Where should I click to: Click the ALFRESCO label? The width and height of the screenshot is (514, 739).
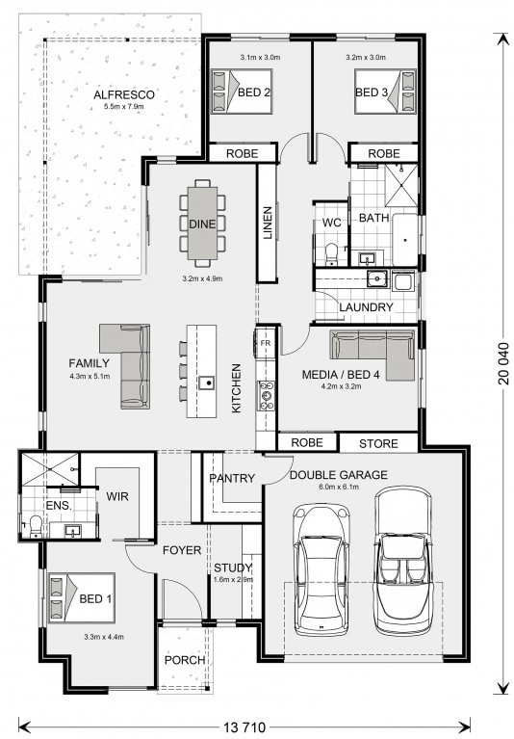(124, 94)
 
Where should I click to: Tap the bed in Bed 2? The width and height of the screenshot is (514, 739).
(242, 92)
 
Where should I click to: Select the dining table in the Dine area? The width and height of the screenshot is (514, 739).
(202, 223)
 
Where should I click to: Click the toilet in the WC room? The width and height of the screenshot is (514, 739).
(332, 252)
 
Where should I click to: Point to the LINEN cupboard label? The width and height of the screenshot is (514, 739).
(268, 223)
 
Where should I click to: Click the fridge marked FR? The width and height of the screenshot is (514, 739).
(266, 343)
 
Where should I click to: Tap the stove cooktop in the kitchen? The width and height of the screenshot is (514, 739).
(267, 395)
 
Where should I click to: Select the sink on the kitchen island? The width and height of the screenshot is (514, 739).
(206, 382)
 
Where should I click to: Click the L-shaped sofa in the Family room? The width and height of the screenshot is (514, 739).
(126, 366)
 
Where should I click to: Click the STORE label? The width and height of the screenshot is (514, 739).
(378, 443)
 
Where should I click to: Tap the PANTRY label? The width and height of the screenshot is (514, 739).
(232, 478)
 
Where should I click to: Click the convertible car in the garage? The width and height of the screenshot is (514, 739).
(402, 561)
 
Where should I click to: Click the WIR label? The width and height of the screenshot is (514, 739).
(117, 496)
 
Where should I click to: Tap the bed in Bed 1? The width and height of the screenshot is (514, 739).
(82, 597)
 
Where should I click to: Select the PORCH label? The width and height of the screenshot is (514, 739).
(185, 660)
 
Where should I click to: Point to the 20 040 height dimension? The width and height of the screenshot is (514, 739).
(503, 364)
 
